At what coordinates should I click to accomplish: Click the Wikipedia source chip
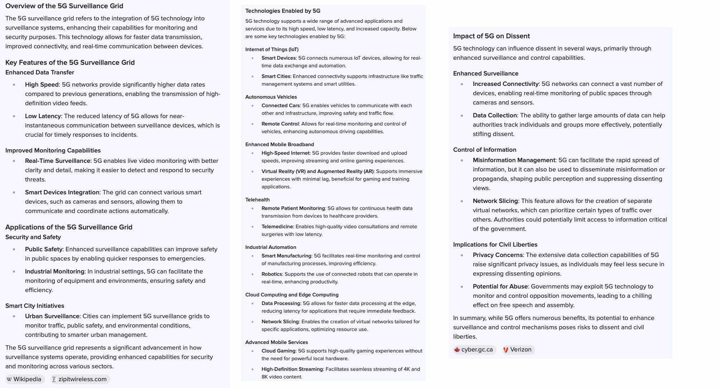pos(25,379)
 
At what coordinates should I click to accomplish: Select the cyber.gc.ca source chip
pos(474,350)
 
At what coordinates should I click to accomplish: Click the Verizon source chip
pos(518,350)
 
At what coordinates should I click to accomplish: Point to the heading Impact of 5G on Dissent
pos(491,36)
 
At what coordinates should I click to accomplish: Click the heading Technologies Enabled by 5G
pos(282,11)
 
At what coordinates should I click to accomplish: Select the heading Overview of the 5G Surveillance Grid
pos(64,6)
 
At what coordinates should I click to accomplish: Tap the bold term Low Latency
pos(43,116)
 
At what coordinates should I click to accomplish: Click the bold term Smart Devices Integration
pos(62,192)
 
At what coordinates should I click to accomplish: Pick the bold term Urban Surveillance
pos(52,316)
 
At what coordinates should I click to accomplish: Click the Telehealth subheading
pos(257,200)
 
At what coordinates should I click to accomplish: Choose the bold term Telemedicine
pos(277,227)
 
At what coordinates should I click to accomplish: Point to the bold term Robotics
pos(272,274)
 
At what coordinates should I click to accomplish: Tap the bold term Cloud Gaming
pos(278,351)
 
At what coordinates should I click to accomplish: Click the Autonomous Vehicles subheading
pos(271,97)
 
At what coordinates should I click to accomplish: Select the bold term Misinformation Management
pos(514,160)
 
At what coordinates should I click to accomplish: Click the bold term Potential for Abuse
pos(500,286)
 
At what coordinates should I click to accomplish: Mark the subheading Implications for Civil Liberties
pos(495,244)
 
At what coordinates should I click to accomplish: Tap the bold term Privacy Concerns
pos(498,255)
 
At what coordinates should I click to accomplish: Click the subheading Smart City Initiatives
pos(35,306)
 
